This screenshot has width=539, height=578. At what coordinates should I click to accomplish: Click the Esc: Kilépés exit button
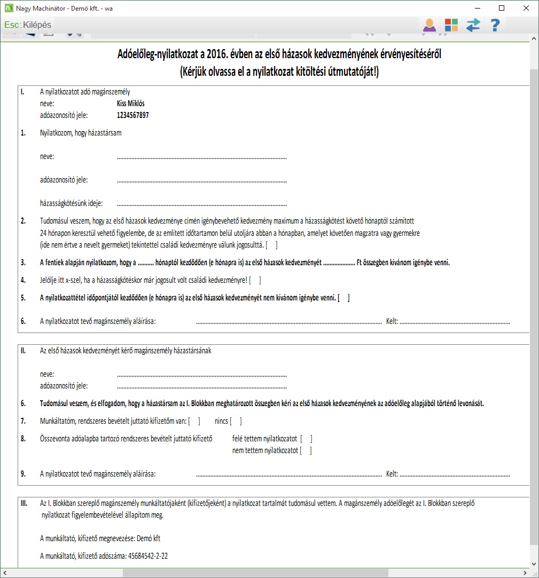(x=28, y=25)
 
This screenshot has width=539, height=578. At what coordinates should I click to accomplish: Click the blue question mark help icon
(x=495, y=25)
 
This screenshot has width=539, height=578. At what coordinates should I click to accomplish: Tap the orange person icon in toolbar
(x=429, y=25)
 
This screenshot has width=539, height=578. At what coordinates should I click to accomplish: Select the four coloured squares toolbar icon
(x=451, y=25)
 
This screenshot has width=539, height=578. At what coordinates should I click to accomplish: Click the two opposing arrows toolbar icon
(x=473, y=25)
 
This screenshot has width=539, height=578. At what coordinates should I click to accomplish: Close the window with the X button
(x=526, y=8)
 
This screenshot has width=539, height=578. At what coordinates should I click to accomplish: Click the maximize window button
(x=501, y=8)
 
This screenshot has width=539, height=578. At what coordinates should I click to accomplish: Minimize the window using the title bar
(x=476, y=8)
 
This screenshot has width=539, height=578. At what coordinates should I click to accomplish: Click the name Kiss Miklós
(x=130, y=104)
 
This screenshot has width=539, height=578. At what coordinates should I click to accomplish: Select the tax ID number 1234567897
(x=132, y=115)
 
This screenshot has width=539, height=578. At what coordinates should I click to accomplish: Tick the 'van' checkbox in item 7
(x=194, y=421)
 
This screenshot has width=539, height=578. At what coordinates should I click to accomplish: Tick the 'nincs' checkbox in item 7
(x=236, y=421)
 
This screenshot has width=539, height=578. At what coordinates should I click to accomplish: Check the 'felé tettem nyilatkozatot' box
(x=306, y=439)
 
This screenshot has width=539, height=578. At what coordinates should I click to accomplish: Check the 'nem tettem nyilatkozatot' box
(x=306, y=450)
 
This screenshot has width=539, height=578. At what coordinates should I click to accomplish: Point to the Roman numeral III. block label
(x=24, y=503)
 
